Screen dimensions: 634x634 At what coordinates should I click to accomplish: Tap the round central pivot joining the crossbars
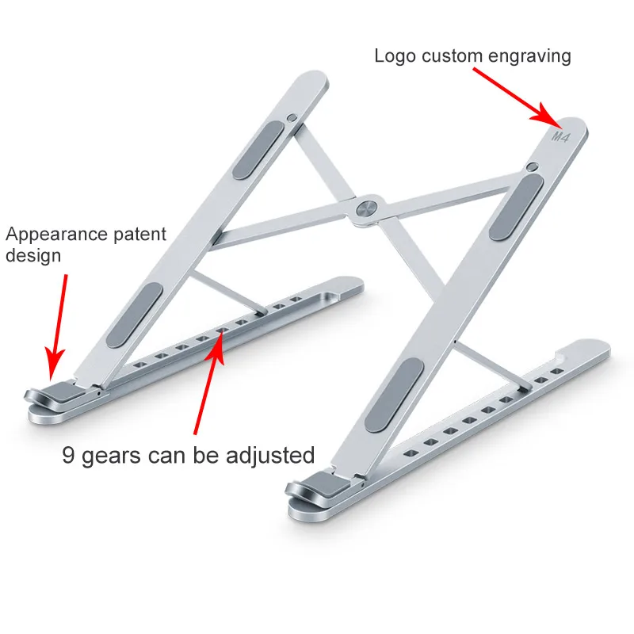tap(366, 208)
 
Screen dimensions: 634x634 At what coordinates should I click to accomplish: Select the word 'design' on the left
tap(32, 256)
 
